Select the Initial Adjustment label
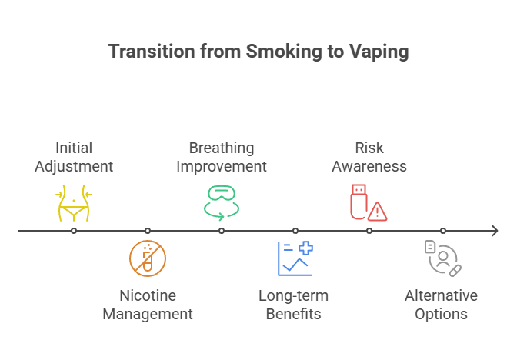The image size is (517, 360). coord(74,156)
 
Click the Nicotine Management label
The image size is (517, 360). coord(148,305)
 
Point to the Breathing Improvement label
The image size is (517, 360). coord(222,156)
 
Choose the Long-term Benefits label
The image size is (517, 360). coord(293,305)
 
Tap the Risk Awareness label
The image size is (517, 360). coord(369,156)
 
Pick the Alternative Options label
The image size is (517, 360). coord(441,305)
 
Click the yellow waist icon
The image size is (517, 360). coord(74,202)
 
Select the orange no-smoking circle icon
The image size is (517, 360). coord(148,258)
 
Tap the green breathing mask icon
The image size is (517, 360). coord(222,201)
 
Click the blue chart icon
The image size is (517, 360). coord(295,258)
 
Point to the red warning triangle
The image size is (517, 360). coord(377,212)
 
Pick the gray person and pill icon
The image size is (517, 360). coord(443,258)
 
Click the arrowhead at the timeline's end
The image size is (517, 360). coord(494,230)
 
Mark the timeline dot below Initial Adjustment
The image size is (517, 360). coord(74,230)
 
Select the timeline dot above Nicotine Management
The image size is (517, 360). coord(148,230)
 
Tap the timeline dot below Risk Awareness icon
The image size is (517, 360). coord(369,230)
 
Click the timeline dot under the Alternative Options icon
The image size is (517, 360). coord(443,230)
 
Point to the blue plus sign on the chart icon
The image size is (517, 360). coord(306,248)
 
